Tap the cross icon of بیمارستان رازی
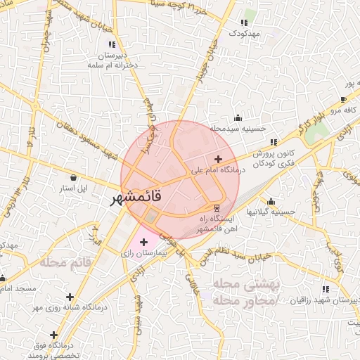[x=144, y=242]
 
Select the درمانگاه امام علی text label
[x=218, y=170]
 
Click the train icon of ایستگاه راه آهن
[x=216, y=207]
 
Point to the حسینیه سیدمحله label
[x=238, y=129]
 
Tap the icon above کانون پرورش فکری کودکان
[x=273, y=142]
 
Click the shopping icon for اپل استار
[x=74, y=177]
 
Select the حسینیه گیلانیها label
[x=268, y=211]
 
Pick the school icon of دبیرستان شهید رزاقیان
[x=325, y=288]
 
